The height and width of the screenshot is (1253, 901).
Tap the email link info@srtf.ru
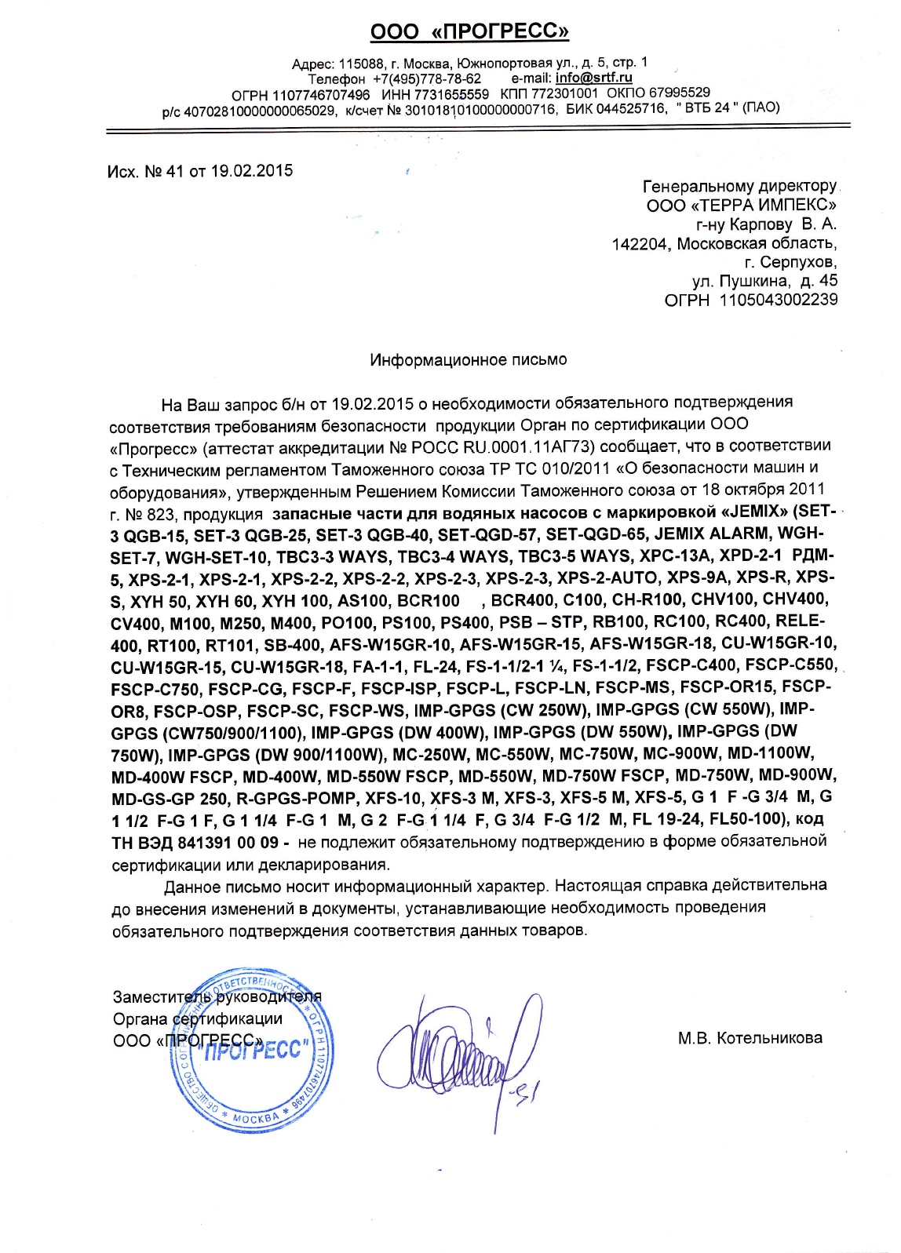tap(594, 78)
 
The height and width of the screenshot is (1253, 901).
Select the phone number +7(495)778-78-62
tap(427, 78)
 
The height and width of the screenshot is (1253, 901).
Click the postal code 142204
tap(640, 243)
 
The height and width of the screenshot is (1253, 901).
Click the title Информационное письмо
tap(469, 359)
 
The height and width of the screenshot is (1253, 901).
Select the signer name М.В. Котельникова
tap(750, 1039)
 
